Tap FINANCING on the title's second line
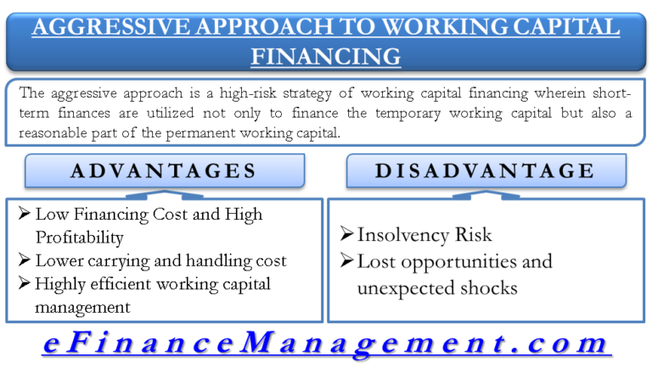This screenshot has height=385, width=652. [x=326, y=56]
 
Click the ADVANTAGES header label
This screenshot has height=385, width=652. [x=164, y=171]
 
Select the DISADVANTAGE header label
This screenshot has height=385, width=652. [x=486, y=171]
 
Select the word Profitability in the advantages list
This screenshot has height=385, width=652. [x=80, y=237]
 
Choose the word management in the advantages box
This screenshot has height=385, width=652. [x=82, y=307]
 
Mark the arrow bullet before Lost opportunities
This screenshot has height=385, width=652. [x=346, y=261]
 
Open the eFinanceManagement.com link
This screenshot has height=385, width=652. [x=326, y=343]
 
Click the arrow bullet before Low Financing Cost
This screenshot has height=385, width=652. [x=24, y=215]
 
